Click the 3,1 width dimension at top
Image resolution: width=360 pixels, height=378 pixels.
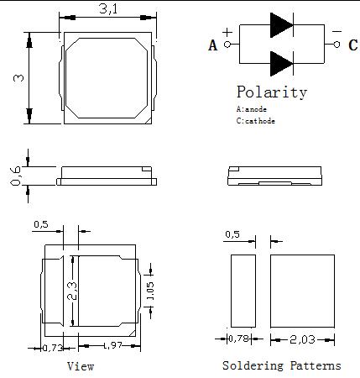(x=108, y=8)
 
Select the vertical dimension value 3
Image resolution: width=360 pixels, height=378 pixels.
(x=18, y=77)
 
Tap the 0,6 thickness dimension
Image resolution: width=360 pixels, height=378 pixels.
(x=16, y=176)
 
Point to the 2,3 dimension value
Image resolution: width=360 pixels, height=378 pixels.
(x=72, y=291)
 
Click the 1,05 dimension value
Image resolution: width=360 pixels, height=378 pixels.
(x=150, y=291)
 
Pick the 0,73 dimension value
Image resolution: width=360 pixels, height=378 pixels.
(x=52, y=349)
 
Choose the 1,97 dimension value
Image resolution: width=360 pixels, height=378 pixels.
(x=113, y=345)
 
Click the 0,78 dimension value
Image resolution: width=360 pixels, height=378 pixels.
(x=238, y=339)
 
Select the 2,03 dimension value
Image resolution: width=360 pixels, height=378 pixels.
(x=302, y=339)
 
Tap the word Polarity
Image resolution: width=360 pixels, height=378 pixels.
(x=272, y=92)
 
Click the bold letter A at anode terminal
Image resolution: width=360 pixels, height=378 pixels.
(x=213, y=45)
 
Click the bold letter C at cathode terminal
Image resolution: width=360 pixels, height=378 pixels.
(x=353, y=45)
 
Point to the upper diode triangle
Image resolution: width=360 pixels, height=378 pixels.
(x=281, y=25)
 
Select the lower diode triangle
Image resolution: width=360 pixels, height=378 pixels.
(x=281, y=64)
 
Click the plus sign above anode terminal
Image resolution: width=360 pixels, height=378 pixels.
(x=227, y=33)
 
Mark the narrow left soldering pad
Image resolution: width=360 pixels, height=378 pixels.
(x=243, y=291)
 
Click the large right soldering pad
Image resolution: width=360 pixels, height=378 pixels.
(x=302, y=291)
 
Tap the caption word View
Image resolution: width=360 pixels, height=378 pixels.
(x=81, y=366)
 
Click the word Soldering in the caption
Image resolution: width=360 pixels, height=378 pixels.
(x=253, y=365)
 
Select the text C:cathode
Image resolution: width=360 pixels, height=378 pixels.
(x=256, y=121)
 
